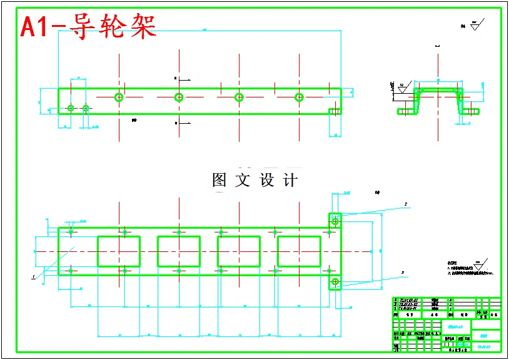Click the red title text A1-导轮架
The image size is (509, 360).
point(88,27)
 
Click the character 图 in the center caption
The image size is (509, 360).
point(219,181)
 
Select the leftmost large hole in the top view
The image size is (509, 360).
point(119,97)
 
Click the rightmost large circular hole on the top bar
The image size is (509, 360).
point(299,97)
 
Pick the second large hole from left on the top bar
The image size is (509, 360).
point(179,97)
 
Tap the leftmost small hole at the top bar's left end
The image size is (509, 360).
point(71,108)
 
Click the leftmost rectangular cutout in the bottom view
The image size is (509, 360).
point(119,251)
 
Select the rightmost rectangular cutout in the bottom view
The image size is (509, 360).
point(299,251)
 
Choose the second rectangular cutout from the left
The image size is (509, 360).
point(179,251)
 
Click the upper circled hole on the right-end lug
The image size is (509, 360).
point(335,221)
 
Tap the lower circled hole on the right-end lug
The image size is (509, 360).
point(335,281)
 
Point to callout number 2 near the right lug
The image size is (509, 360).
point(405,204)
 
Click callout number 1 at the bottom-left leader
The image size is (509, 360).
point(33,276)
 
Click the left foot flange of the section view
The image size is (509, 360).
point(406,112)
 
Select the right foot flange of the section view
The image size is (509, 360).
point(473,112)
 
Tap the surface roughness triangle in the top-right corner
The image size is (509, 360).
point(475,26)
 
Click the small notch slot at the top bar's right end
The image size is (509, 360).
point(335,111)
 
